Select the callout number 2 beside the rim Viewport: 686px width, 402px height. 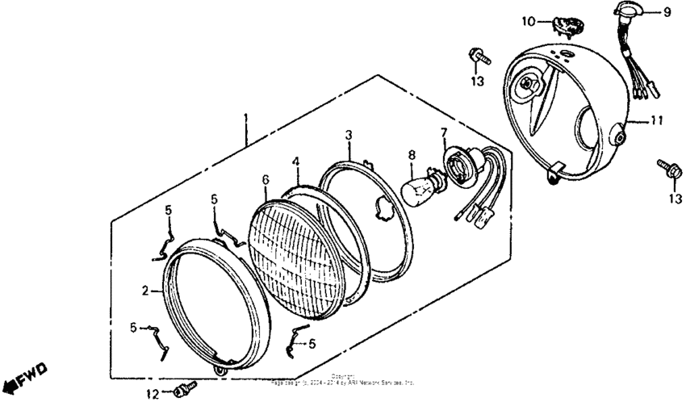(x=146, y=291)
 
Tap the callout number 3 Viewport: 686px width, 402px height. (x=349, y=134)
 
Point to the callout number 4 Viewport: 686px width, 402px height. (x=296, y=161)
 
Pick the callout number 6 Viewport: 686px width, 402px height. (x=265, y=178)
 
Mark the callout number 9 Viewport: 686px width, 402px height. (x=667, y=12)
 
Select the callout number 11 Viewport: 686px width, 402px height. (x=657, y=121)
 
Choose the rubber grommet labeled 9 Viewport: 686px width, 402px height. (x=629, y=11)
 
